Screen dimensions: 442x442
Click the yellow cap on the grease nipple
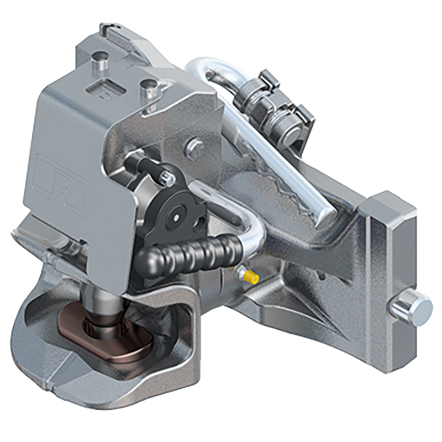point(251,277)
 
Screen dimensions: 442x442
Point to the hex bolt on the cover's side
point(194,148)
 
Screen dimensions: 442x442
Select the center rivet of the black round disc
point(176,217)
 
